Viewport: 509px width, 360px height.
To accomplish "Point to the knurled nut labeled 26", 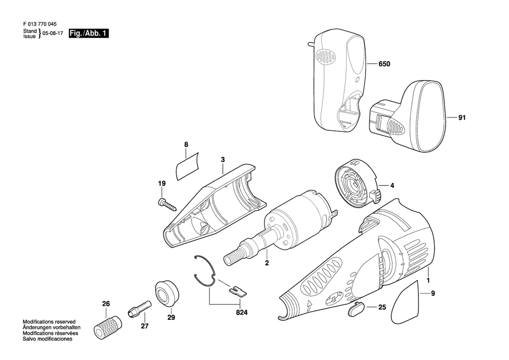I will [x=108, y=326].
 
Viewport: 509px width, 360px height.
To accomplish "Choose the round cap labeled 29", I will [x=166, y=293].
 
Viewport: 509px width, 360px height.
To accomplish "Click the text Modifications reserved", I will [x=49, y=322].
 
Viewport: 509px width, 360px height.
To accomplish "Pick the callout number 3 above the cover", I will [x=222, y=160].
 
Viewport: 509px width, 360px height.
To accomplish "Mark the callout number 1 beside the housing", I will [x=428, y=280].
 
